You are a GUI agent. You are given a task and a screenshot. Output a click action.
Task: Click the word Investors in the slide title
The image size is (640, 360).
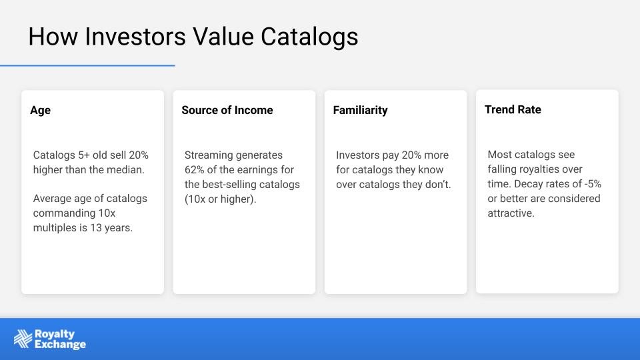pos(135,36)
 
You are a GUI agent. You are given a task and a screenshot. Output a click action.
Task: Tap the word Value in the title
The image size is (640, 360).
pos(223,36)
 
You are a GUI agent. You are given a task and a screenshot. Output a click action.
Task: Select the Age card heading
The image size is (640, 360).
pos(41,111)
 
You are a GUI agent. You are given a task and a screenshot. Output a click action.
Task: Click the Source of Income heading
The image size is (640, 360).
pos(227,110)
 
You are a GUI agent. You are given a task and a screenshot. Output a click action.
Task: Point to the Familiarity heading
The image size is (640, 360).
pos(361,111)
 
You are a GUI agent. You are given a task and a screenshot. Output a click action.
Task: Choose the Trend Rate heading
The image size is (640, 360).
pos(513,109)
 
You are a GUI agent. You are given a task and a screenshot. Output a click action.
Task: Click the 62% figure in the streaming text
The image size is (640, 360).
pos(194,170)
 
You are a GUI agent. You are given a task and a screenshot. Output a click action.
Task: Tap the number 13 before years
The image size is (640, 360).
pos(96,228)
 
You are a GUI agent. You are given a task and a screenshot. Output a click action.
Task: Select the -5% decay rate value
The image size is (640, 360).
pos(593,184)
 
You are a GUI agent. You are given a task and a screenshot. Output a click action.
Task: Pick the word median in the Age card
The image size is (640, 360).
pos(127,170)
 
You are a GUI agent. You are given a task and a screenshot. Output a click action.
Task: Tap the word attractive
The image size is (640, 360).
pos(511,213)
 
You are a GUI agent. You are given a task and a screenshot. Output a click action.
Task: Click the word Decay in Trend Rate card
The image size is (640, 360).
pos(527,184)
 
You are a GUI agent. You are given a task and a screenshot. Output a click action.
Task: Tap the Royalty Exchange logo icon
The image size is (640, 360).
pos(23,339)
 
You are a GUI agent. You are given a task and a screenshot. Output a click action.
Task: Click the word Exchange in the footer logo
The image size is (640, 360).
pos(61,345)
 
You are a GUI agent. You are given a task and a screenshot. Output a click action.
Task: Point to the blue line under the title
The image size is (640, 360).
pos(87,65)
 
